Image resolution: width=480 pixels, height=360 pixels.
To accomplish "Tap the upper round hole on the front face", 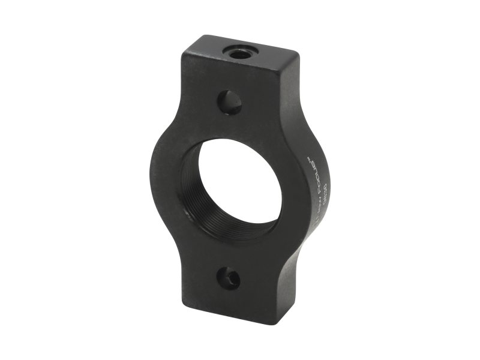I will pos(230,103).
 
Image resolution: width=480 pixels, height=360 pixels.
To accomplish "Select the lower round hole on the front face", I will pos(229,278).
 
